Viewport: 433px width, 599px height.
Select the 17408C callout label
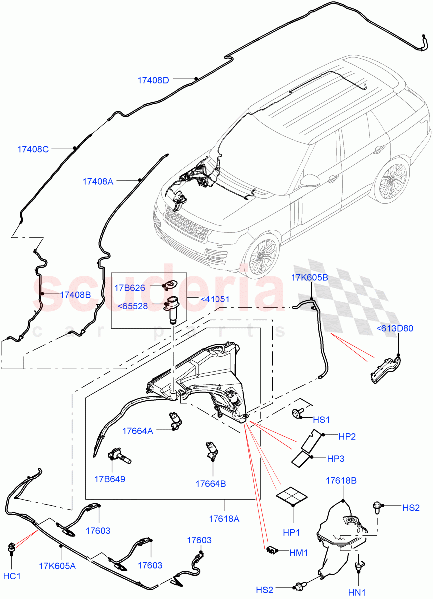tap(33, 149)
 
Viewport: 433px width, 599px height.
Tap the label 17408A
tap(98, 182)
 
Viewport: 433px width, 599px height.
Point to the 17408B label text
tap(75, 295)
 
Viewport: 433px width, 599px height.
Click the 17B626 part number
tap(129, 288)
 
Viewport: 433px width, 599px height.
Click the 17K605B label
tap(310, 278)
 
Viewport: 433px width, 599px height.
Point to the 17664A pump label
tap(138, 430)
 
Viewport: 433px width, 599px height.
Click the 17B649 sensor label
tap(109, 479)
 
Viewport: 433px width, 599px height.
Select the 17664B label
tap(211, 483)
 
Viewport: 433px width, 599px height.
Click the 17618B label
tap(341, 480)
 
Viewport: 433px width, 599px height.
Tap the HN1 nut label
tap(357, 592)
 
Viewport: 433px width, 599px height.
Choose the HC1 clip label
tap(12, 576)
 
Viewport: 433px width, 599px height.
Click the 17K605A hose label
tap(57, 566)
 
